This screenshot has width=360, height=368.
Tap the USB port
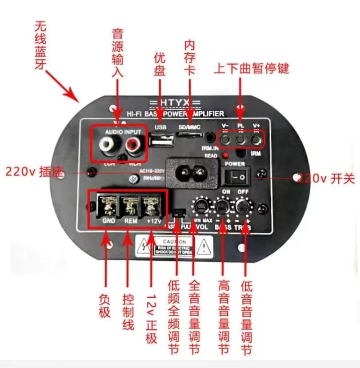point(162,140)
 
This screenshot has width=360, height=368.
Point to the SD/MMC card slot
point(190,136)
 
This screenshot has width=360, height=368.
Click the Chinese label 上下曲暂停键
point(251,69)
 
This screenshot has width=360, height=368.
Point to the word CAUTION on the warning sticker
point(174,241)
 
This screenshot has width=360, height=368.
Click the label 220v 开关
point(325,178)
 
